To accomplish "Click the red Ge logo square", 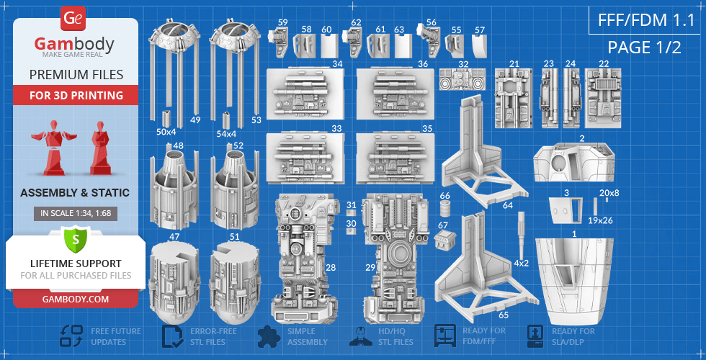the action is [73, 19].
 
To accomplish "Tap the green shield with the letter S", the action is [76, 239].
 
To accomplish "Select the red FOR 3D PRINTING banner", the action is [76, 95].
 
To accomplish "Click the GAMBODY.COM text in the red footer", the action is [76, 299].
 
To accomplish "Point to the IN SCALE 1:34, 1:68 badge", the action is [76, 214].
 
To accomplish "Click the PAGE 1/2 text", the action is [644, 48].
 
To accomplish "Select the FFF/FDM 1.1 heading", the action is [646, 20].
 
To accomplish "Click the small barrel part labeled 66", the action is [444, 210].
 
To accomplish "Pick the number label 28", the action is [331, 268].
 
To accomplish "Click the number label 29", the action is [370, 268].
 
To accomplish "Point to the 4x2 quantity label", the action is [521, 264].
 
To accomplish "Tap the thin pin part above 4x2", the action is [522, 233].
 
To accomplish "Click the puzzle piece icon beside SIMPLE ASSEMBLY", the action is [269, 336].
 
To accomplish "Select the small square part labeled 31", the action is [352, 212].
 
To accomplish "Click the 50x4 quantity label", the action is [167, 133].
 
